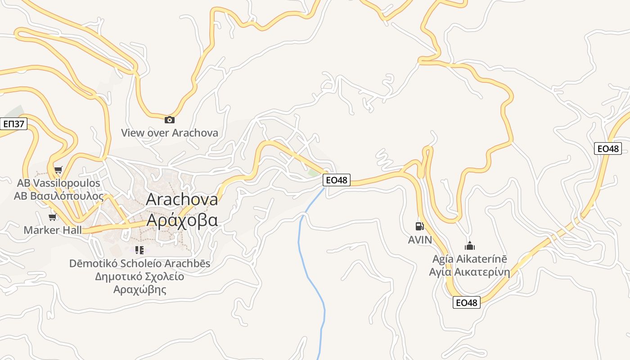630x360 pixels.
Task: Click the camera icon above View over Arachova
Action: (169, 120)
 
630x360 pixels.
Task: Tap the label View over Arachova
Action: (169, 133)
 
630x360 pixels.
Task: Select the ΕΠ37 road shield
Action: (13, 124)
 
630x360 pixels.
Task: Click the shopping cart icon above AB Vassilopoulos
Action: (58, 170)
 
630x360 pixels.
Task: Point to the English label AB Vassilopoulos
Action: (58, 184)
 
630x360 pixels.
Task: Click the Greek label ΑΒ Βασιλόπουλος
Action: (58, 197)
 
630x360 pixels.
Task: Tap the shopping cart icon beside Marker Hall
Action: (53, 218)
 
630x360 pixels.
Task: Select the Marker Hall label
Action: (53, 230)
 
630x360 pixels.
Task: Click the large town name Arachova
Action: (182, 199)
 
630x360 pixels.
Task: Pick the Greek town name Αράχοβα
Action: (182, 220)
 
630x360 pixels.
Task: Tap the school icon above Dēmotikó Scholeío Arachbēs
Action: (139, 250)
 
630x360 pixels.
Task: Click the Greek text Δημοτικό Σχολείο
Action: (139, 276)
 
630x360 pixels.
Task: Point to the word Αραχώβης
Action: (139, 289)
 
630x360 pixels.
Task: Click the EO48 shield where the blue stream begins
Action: (337, 180)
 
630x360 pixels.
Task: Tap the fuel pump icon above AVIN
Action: (419, 226)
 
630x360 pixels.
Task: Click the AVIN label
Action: (420, 240)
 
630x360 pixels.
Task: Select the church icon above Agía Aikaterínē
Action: (469, 246)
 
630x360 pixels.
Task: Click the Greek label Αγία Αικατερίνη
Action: (469, 272)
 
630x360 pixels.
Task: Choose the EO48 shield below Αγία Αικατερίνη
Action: (466, 302)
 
